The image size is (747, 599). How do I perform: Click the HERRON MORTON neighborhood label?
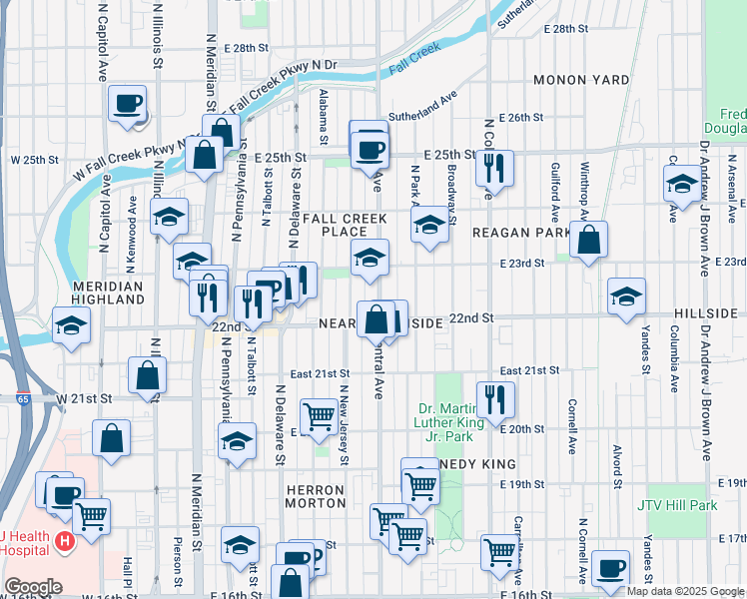315,497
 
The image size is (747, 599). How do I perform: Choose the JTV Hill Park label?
676,504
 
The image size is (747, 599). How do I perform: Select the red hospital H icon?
65,542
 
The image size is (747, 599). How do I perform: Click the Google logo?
33,587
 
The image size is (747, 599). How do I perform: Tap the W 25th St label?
30,160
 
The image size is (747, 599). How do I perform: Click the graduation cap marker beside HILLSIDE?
626,296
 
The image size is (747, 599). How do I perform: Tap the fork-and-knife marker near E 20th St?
495,399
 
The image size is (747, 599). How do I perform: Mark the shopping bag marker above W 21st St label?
148,375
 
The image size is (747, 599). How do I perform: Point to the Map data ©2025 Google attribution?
685,591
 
